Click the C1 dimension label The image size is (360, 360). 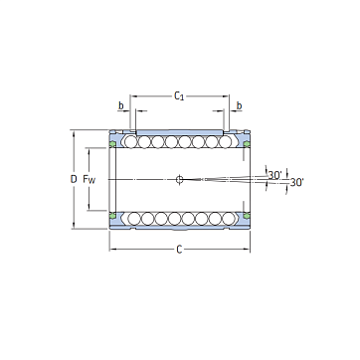179,96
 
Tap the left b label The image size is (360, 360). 121,105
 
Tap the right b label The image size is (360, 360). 239,105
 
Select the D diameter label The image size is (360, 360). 74,179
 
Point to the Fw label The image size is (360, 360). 90,180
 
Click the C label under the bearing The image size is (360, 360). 179,250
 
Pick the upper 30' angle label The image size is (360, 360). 274,175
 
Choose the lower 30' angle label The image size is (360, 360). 296,182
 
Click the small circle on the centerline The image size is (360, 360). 179,179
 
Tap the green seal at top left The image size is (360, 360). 112,143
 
